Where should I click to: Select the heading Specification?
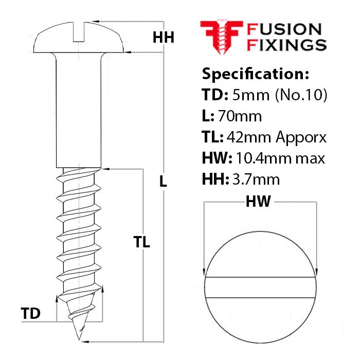coord(255,74)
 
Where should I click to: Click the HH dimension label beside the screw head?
coord(164,37)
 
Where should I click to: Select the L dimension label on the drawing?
coord(163,182)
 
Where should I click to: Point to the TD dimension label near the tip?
coord(31,313)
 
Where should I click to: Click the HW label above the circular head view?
coord(258,202)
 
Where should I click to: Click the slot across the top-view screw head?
coord(261,288)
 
